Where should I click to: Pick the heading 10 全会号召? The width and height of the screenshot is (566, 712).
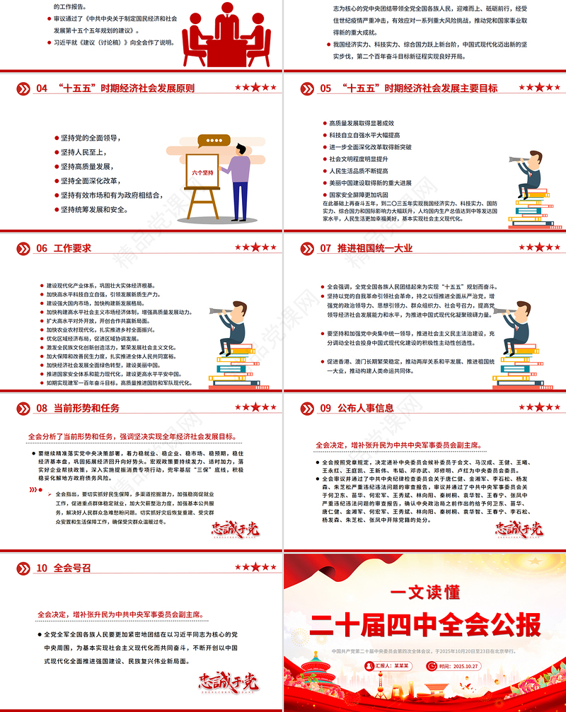click(x=63, y=568)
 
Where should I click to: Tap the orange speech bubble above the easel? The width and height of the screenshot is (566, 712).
click(x=210, y=141)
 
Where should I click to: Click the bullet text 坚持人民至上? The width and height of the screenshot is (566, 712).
click(x=84, y=152)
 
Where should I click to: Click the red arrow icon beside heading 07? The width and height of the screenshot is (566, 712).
click(x=308, y=248)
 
